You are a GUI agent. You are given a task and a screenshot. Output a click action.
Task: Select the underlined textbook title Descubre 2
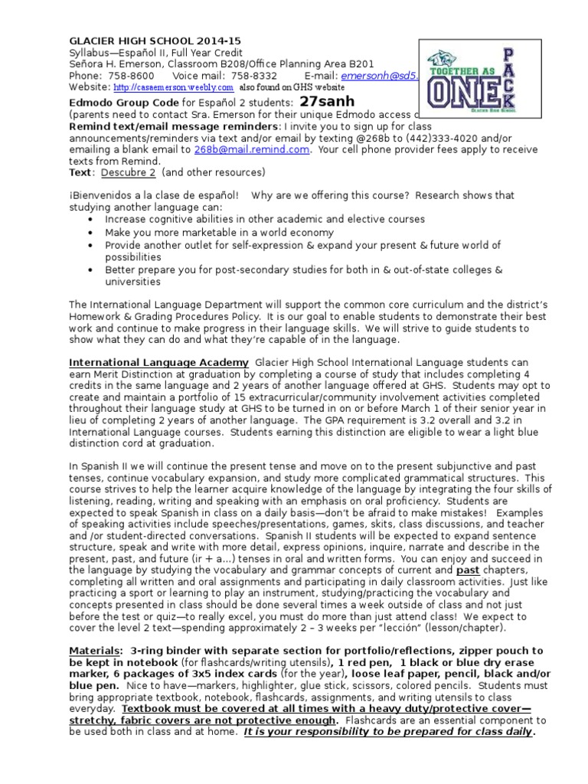coord(126,173)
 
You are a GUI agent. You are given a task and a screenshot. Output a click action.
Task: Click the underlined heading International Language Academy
coord(158,361)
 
